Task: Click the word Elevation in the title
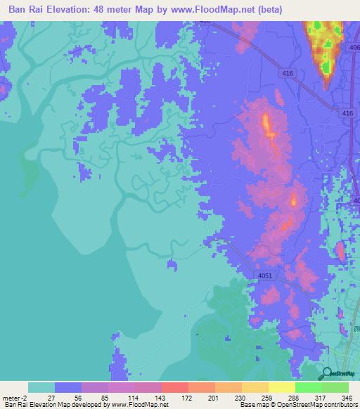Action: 77,9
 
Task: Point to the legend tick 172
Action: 188,398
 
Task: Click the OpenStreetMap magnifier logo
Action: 327,373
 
